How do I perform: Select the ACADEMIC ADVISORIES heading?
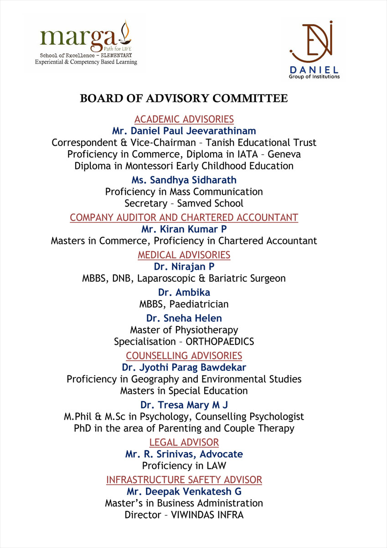click(x=184, y=120)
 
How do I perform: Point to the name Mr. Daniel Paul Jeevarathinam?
click(x=184, y=131)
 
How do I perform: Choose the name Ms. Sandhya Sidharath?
click(x=184, y=180)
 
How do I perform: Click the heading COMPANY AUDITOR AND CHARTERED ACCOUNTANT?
click(x=184, y=217)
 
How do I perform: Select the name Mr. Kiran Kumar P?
click(x=184, y=229)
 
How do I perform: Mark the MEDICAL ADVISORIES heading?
click(x=184, y=255)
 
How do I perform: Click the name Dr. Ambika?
click(x=184, y=292)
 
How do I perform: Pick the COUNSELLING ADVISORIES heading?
click(x=184, y=356)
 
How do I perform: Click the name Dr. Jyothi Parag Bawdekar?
click(x=184, y=367)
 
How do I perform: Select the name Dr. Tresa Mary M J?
click(x=184, y=405)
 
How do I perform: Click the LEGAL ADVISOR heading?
click(x=184, y=443)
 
